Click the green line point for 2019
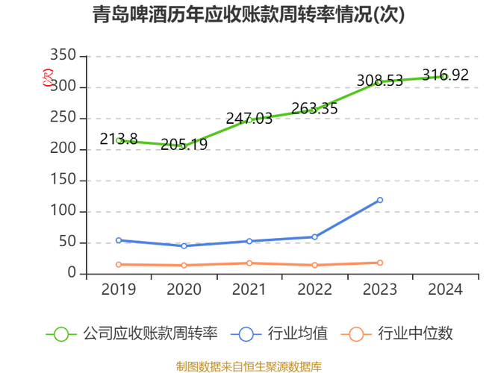tap(118, 139)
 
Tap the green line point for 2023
tap(380, 81)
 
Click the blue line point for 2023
tap(380, 199)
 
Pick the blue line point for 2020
tap(184, 245)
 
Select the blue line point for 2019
tap(118, 239)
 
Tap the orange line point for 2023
tap(380, 262)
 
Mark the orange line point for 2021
tap(249, 263)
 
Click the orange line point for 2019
tap(118, 264)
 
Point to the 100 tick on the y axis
tap(63, 210)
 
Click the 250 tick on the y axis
tap(63, 117)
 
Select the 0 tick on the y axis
tap(72, 273)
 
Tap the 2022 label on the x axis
tap(315, 289)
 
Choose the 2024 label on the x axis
tap(446, 289)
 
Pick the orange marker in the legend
tap(357, 333)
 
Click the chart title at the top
tap(249, 15)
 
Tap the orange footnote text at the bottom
tap(249, 366)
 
